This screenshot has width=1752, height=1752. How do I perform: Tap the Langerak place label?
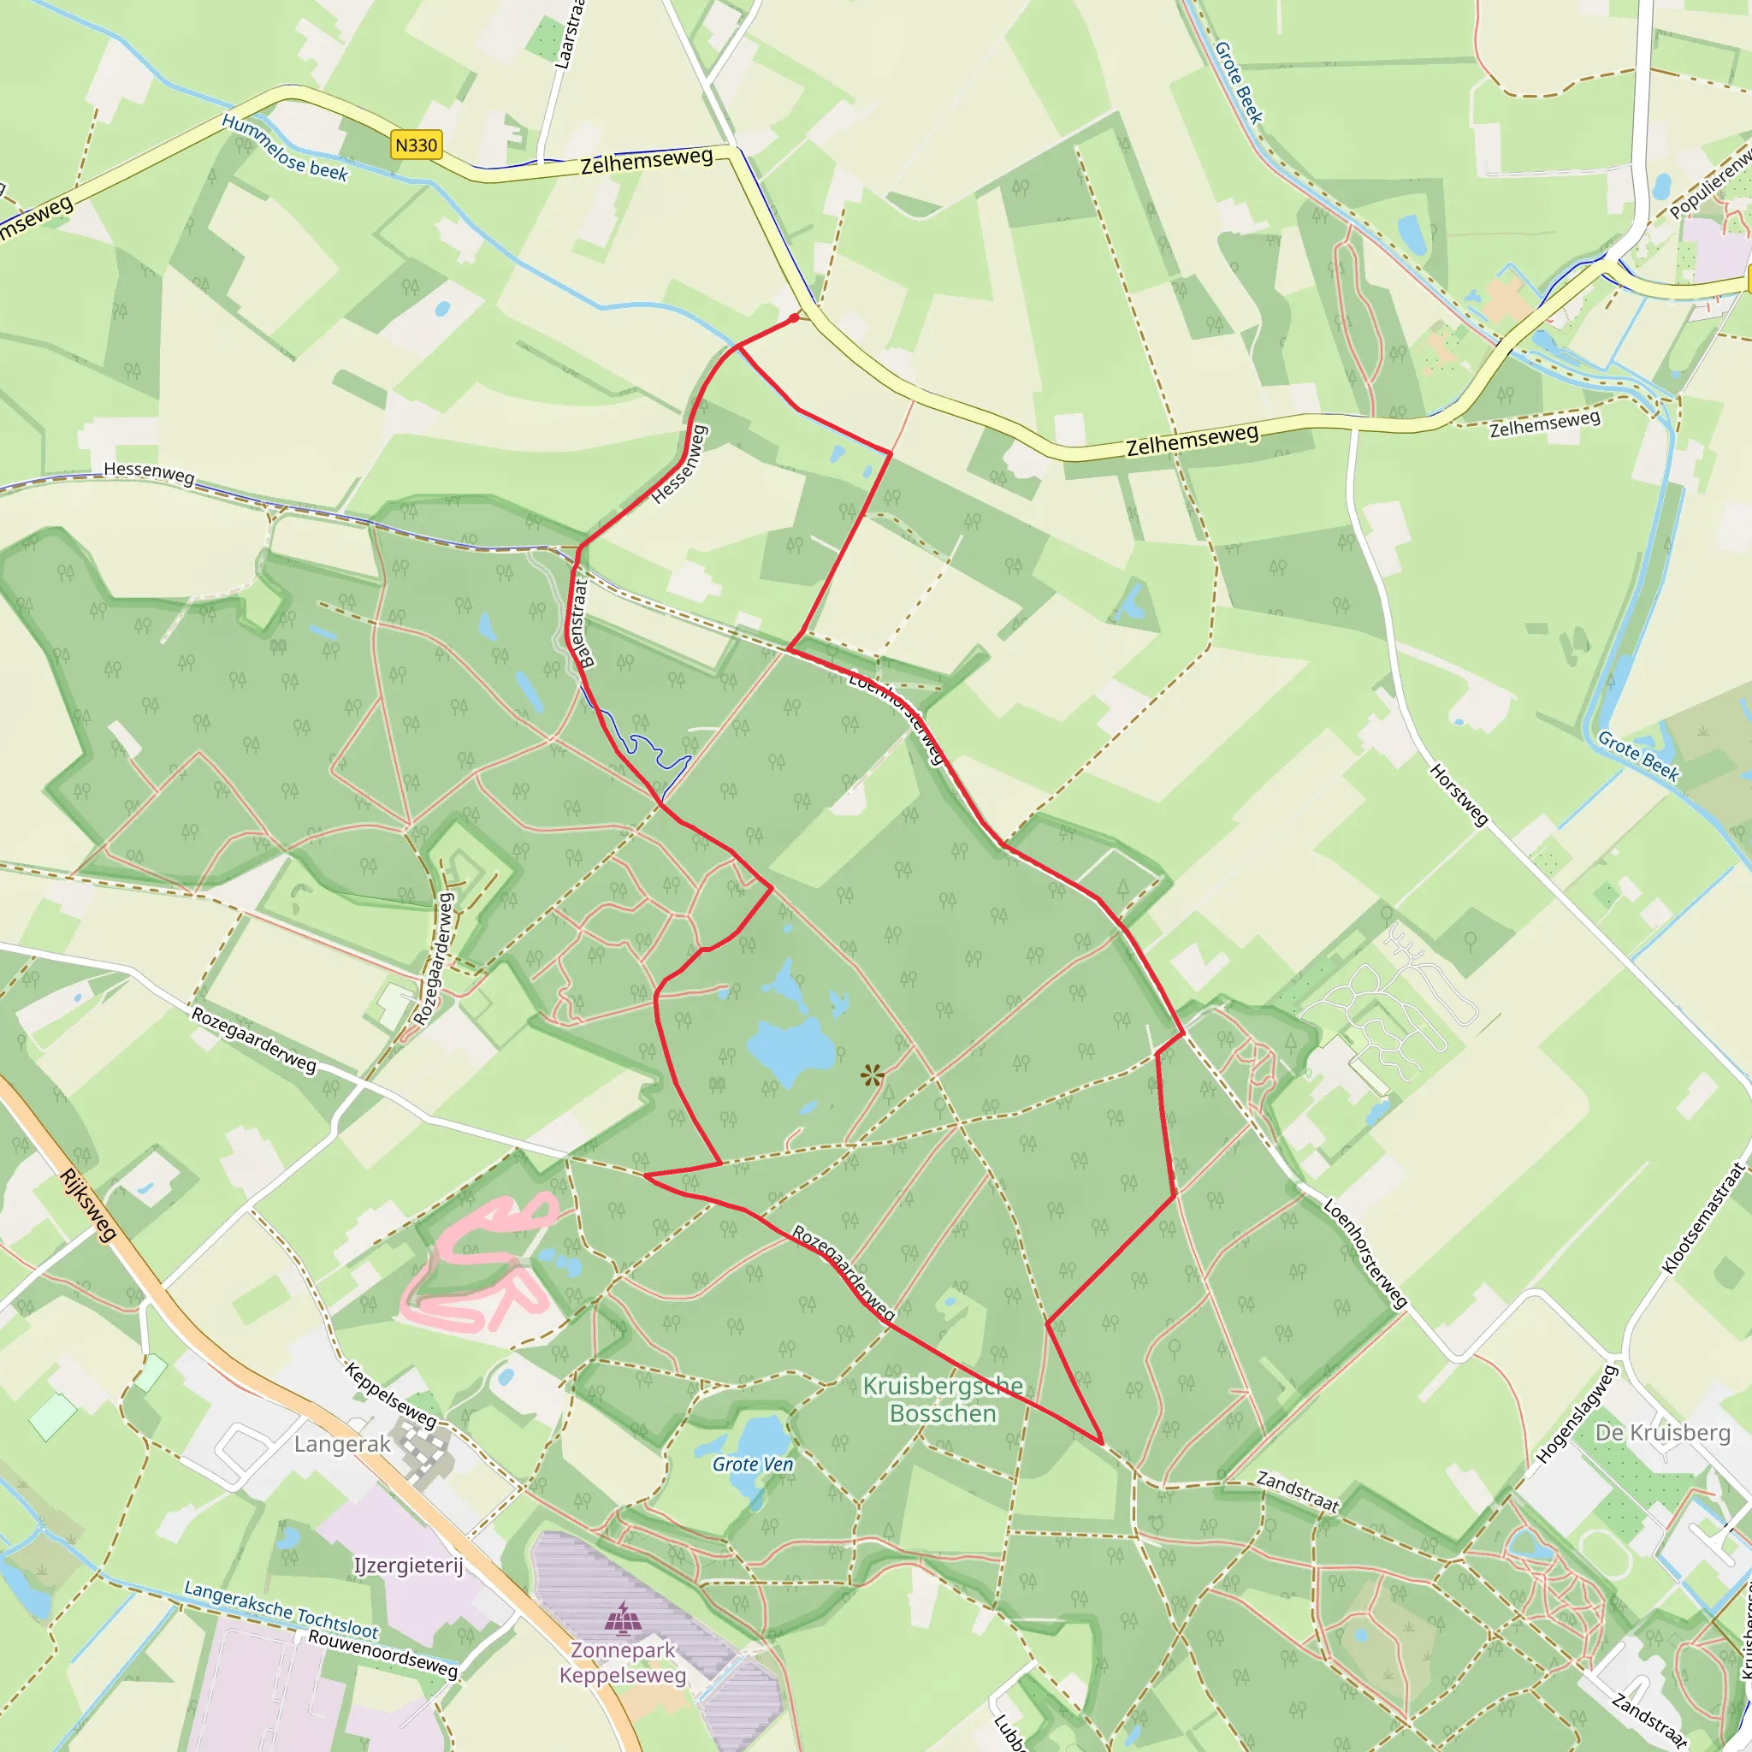342,1444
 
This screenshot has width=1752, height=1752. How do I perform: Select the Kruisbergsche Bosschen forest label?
943,1400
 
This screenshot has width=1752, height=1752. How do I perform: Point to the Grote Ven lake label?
753,1464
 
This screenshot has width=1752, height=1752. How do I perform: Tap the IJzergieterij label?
408,1566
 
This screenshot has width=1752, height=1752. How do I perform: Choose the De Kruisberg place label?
1662,1433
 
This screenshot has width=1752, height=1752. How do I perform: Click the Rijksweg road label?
88,1204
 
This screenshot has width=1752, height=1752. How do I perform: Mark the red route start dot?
795,317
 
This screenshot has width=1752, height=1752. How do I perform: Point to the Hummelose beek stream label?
285,147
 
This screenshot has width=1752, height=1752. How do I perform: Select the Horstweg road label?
1459,795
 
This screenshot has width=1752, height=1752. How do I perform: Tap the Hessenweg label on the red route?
679,464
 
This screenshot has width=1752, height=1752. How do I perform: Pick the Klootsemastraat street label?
1704,1219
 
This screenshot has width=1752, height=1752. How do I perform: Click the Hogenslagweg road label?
1577,1415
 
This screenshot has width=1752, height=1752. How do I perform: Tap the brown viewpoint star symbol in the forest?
873,1076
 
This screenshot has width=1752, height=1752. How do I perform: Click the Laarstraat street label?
571,34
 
